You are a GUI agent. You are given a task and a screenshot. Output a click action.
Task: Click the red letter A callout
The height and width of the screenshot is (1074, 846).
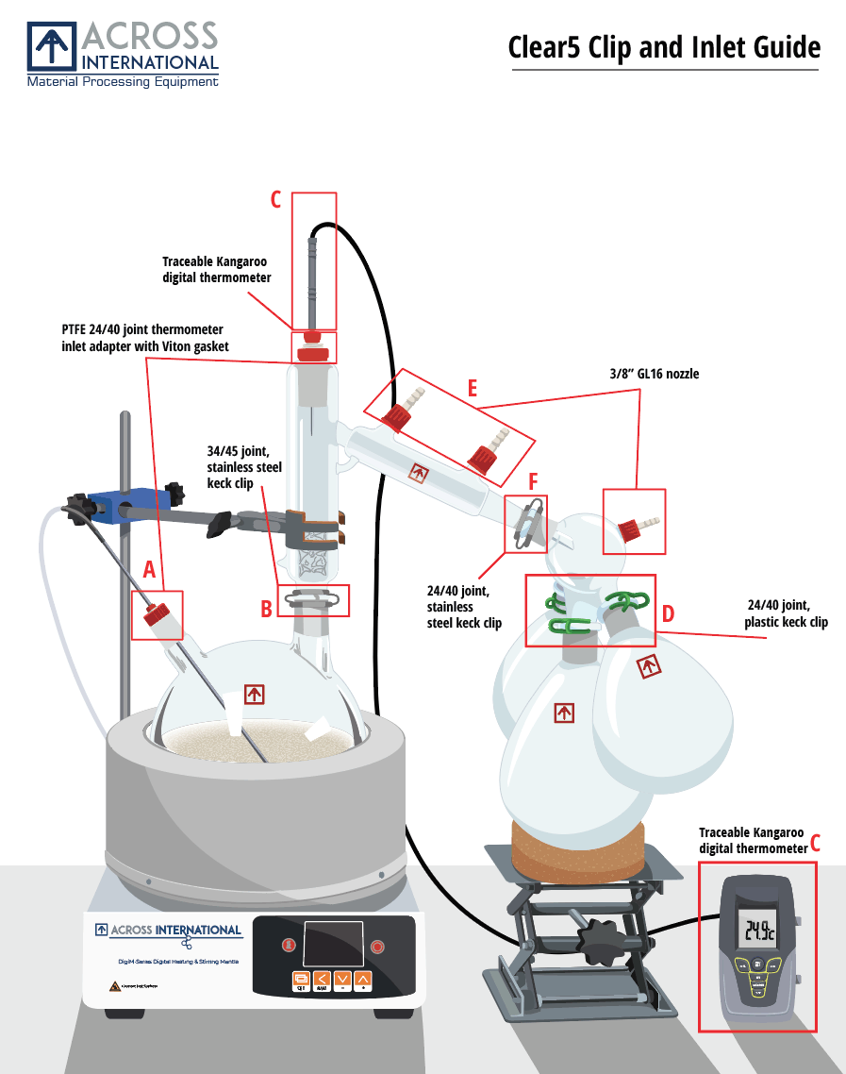(148, 569)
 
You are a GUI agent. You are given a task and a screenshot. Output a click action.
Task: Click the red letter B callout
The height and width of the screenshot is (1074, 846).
(267, 609)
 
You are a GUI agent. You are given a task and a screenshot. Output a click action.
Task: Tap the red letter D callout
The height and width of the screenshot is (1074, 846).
(668, 613)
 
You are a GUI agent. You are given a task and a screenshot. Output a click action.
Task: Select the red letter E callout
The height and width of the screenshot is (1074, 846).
(472, 388)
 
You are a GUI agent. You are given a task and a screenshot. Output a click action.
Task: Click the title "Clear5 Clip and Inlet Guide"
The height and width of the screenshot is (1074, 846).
(663, 46)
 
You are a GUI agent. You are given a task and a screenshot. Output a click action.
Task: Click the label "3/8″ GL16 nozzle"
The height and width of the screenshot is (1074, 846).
(655, 374)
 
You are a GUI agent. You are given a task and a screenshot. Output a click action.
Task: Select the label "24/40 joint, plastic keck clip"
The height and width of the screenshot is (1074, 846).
(786, 613)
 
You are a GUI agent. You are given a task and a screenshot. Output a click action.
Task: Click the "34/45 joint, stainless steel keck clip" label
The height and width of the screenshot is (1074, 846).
(244, 467)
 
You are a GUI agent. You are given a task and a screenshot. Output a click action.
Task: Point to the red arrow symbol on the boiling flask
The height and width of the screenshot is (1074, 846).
(254, 695)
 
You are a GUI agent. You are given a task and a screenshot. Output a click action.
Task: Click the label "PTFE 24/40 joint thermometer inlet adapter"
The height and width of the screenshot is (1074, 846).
(141, 338)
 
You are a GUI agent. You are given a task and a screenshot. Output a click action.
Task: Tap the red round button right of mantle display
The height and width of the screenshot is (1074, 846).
(378, 945)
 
